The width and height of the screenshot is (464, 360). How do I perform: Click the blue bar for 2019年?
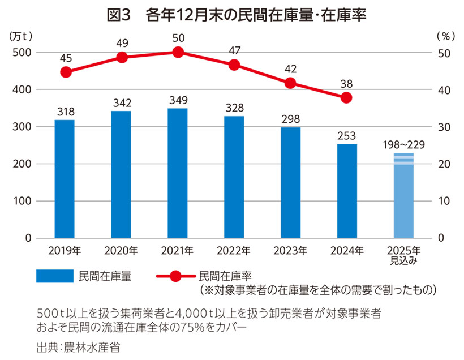coord(65,179)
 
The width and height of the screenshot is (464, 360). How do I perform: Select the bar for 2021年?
coord(178,173)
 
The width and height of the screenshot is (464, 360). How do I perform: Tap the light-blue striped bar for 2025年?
coord(403,195)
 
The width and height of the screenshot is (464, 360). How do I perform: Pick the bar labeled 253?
coord(347,191)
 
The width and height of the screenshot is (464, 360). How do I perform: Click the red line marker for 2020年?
coord(122,57)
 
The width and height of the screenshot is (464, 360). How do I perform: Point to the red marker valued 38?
coord(347,97)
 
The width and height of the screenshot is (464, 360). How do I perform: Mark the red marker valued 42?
coord(291,83)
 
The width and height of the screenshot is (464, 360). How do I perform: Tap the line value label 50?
coord(178,38)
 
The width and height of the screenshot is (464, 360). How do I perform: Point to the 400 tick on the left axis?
coord(22,90)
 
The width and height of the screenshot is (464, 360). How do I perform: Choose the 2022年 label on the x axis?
coord(234,250)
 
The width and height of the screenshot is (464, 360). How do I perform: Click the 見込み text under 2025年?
coord(403,260)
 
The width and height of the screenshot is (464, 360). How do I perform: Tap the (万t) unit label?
coord(20,36)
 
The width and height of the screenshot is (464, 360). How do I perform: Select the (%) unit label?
coord(445,36)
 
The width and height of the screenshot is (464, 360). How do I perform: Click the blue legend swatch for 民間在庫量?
coord(55,276)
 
